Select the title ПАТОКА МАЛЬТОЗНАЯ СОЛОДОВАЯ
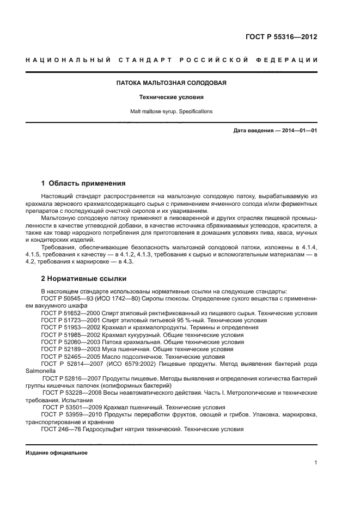pyautogui.click(x=172, y=83)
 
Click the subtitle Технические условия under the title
pyautogui.click(x=172, y=97)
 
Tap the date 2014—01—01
pyautogui.click(x=297, y=131)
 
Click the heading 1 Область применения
pyautogui.click(x=83, y=183)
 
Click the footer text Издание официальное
pyautogui.click(x=57, y=452)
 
